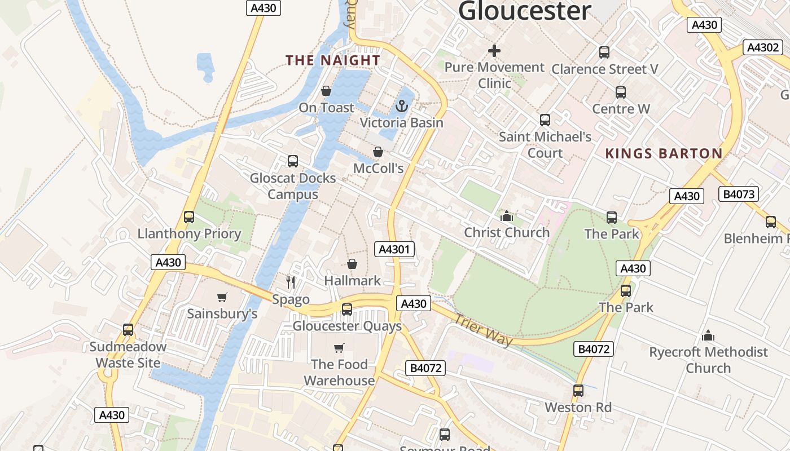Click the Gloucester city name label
525,10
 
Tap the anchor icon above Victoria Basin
402,106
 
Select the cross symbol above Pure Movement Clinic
494,51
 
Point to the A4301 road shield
395,249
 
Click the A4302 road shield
763,47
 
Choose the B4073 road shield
739,194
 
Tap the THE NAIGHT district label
333,60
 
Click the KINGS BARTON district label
664,153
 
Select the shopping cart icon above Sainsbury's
222,297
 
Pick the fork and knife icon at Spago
291,282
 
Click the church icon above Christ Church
506,216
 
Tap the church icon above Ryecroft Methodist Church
708,336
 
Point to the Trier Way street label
484,330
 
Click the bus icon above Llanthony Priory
189,217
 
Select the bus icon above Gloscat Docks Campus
292,161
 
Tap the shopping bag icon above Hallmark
352,264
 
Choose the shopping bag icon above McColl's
378,152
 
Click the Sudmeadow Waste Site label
128,355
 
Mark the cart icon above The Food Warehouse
339,348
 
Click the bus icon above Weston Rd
578,390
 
